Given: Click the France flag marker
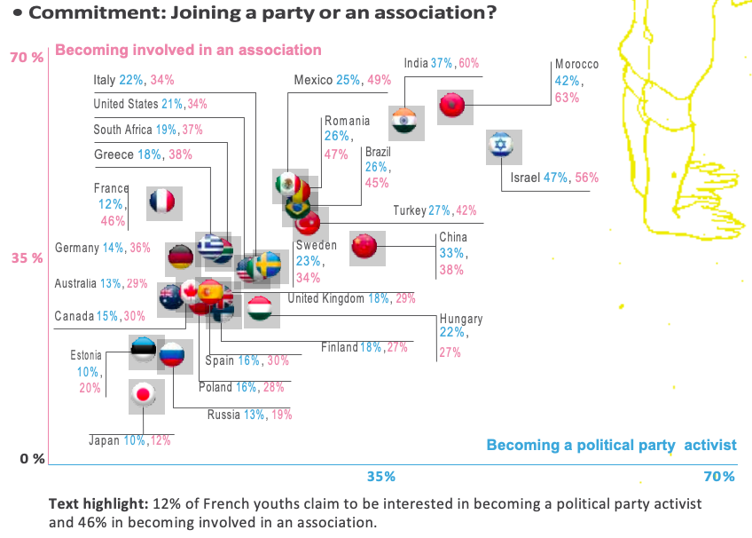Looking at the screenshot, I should coord(164,204).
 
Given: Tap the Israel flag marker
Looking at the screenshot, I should coord(503,147).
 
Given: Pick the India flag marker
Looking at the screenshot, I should coord(404,122).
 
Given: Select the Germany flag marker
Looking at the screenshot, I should coord(182,257).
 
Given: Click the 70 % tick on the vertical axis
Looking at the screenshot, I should coord(26,58).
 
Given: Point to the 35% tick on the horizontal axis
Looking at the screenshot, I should coord(380,477).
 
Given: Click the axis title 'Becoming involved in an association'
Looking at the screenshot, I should coord(188,50).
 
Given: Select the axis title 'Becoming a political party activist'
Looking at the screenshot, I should coord(611,445).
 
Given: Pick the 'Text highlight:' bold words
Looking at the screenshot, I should coord(97,503).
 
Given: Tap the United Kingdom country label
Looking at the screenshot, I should coord(326,298).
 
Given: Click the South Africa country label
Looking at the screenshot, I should coord(122,130).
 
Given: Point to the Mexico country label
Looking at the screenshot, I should coord(314,80).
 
